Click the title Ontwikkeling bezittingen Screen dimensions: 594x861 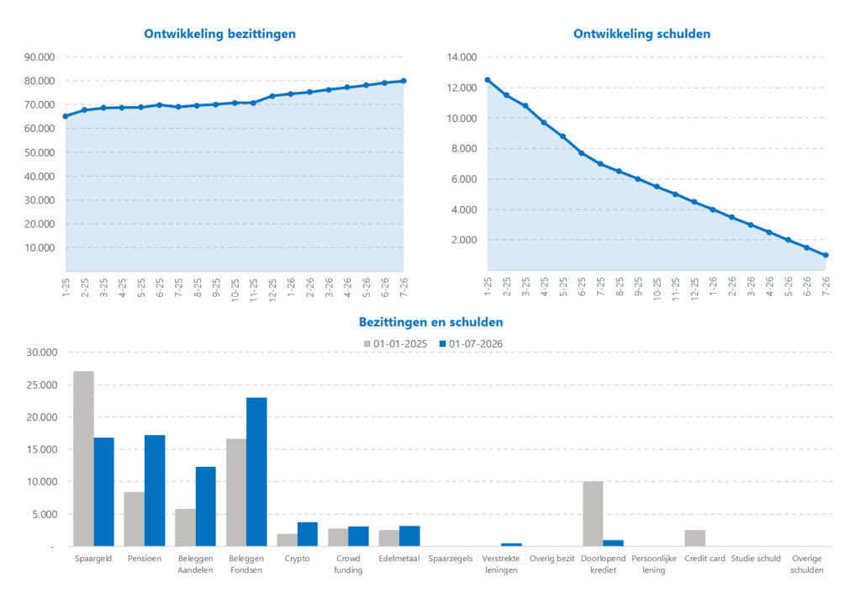coord(219,34)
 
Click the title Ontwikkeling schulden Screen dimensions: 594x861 coord(642,34)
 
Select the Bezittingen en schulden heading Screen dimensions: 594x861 coord(430,321)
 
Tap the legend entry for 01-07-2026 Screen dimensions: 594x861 coord(475,342)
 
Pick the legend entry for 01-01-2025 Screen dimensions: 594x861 coord(396,342)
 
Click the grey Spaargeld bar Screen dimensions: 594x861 coord(83,459)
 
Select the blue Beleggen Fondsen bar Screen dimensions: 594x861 coord(256,472)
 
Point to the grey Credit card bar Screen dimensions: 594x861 coord(695,538)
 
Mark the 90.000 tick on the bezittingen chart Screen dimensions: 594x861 coord(40,57)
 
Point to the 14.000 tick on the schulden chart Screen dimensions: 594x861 coord(462,57)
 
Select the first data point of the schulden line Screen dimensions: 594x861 coord(488,80)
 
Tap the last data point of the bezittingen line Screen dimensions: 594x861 coord(404,81)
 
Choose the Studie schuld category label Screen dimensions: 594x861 coord(756,559)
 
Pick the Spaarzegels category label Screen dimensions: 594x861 coord(450,559)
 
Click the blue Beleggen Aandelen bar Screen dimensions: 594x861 coord(206,506)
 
